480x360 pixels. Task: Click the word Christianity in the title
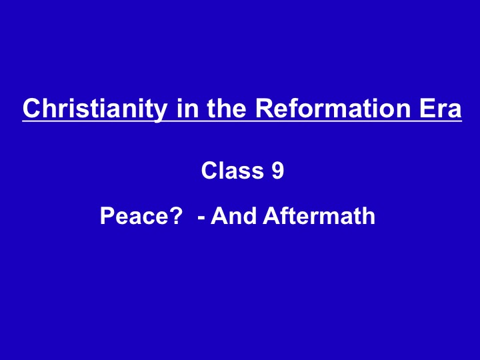tap(95, 109)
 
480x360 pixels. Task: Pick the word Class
tap(233, 170)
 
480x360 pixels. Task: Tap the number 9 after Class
tap(278, 170)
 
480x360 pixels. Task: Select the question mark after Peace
tap(175, 215)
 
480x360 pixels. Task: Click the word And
tap(233, 216)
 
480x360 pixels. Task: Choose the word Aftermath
tap(319, 216)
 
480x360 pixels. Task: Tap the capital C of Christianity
tap(32, 108)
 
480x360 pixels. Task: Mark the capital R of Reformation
tap(265, 108)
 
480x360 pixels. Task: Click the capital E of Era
tap(427, 108)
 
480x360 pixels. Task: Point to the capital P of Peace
tap(108, 216)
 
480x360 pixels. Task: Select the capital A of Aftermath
tap(272, 216)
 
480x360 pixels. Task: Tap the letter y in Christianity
tap(161, 113)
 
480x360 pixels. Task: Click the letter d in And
tap(249, 216)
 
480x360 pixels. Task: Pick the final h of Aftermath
tap(369, 216)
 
